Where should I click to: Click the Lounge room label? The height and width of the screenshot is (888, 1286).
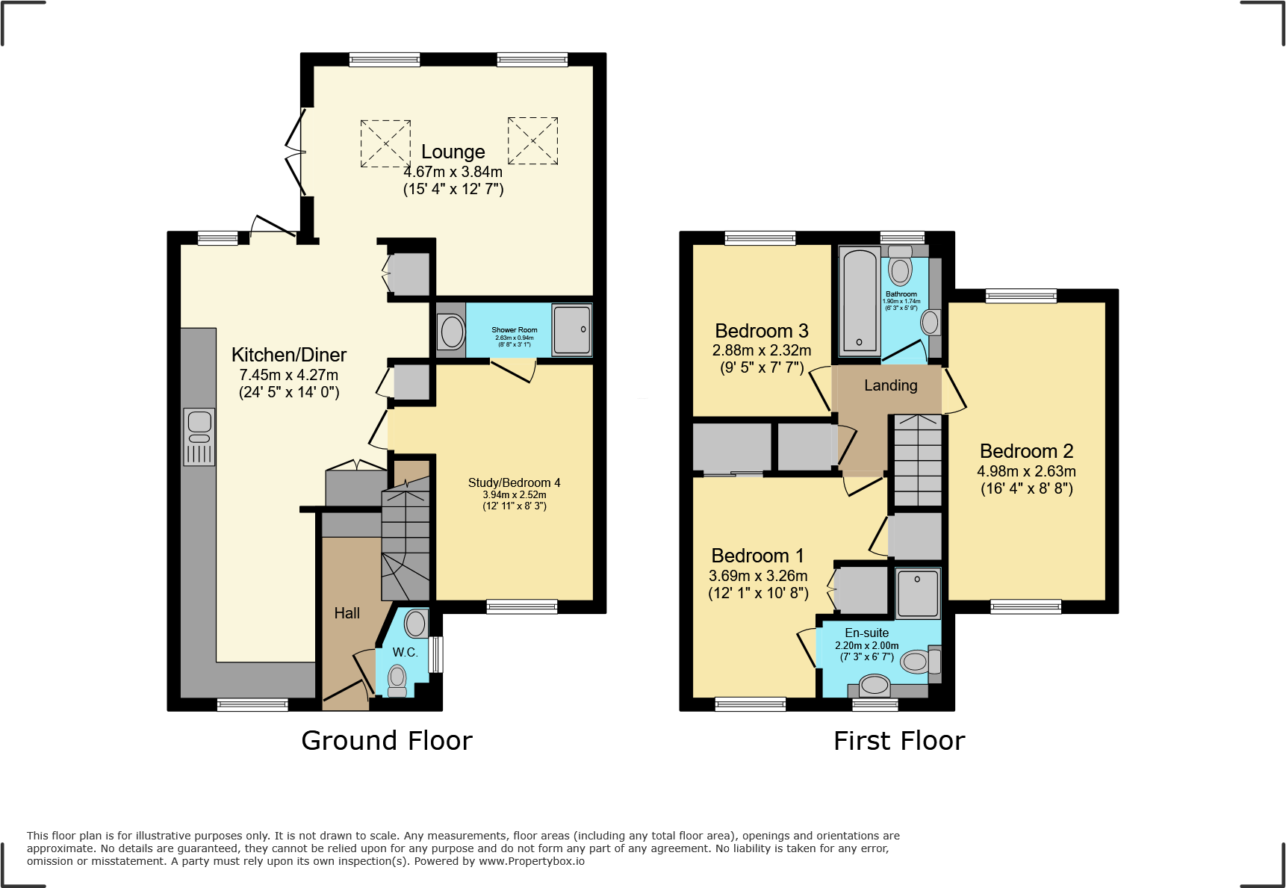pos(453,152)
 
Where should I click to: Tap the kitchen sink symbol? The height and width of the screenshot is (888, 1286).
pos(199,437)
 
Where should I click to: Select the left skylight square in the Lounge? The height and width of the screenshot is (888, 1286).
pos(385,143)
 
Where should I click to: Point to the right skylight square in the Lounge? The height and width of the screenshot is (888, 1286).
pos(532,140)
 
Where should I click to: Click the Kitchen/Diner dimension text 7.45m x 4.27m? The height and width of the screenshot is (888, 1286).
pos(288,375)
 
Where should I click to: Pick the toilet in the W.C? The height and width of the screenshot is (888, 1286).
pos(397,680)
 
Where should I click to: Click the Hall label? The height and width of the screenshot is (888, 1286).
pos(347,613)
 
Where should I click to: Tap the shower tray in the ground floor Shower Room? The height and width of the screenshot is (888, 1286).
pos(571,329)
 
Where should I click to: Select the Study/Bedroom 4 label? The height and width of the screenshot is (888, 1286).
pos(514,483)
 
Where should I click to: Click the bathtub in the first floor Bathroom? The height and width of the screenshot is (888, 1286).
pos(860,302)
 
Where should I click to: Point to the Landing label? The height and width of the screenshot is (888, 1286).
pos(890,385)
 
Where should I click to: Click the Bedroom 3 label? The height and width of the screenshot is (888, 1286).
pos(761,331)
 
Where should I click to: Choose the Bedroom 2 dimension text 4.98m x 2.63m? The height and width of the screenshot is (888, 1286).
pos(1026,471)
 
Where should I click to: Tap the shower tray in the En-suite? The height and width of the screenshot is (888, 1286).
pos(918,594)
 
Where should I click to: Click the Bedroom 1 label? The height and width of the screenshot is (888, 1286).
pos(757,556)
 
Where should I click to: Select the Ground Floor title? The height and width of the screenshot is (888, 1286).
pos(386,741)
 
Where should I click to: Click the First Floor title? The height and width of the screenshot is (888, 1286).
pos(898,741)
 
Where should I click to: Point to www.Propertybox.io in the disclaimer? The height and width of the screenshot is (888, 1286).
pos(531,861)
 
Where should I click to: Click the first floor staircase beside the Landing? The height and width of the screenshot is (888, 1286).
pos(917,463)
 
